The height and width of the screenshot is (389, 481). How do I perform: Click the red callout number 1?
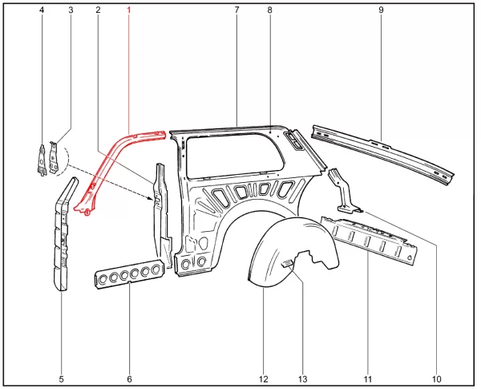pyautogui.click(x=129, y=10)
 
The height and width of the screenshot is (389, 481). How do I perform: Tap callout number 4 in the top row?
pyautogui.click(x=42, y=10)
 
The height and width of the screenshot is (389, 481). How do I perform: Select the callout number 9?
pyautogui.click(x=381, y=10)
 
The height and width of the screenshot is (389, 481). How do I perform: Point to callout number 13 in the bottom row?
pyautogui.click(x=302, y=379)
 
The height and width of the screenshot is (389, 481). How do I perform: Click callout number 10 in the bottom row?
pyautogui.click(x=436, y=379)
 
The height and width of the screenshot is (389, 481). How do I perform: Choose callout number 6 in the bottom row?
pyautogui.click(x=129, y=379)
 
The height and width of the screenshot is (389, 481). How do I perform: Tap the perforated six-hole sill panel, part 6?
pyautogui.click(x=130, y=274)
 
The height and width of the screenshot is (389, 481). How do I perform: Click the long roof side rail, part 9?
pyautogui.click(x=382, y=153)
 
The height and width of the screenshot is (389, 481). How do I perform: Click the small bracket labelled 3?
pyautogui.click(x=54, y=158)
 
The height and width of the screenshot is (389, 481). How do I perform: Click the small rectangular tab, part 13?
pyautogui.click(x=287, y=264)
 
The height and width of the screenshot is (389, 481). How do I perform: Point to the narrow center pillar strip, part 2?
pyautogui.click(x=162, y=215)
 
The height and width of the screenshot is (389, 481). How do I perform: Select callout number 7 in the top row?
pyautogui.click(x=236, y=10)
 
